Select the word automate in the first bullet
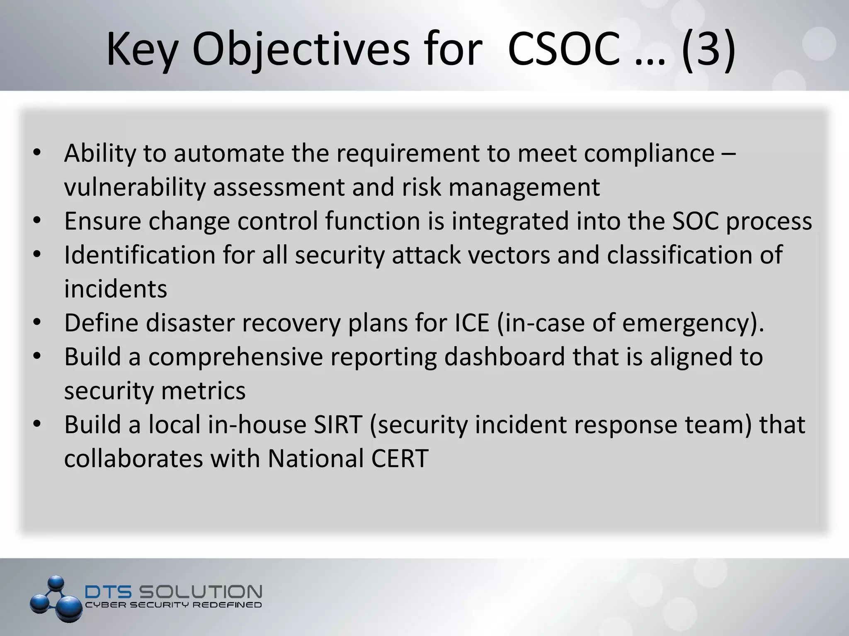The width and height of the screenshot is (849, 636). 228,153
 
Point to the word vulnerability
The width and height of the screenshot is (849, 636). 135,187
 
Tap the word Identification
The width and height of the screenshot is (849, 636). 140,255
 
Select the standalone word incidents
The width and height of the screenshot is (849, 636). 116,289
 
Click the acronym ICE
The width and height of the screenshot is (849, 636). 472,323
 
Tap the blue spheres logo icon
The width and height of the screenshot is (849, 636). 56,599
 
